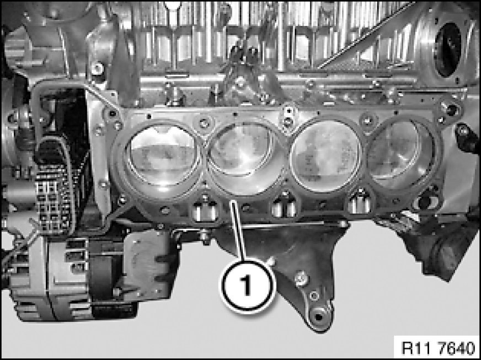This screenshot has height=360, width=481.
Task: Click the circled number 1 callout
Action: [247, 285]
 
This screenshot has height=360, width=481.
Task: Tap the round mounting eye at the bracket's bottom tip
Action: [319, 317]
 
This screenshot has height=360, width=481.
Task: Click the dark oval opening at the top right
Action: [448, 49]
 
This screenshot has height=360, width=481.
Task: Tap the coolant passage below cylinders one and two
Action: [205, 210]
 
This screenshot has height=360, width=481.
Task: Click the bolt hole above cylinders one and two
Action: [204, 123]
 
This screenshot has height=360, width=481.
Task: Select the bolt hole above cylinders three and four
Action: [367, 120]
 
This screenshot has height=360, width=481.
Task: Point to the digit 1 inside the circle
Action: [247, 285]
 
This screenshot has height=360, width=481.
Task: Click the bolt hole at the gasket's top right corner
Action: [452, 108]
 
